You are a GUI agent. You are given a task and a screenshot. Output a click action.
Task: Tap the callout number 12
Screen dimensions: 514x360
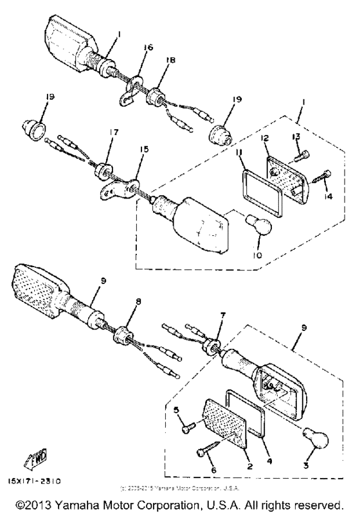[x=264, y=139]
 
